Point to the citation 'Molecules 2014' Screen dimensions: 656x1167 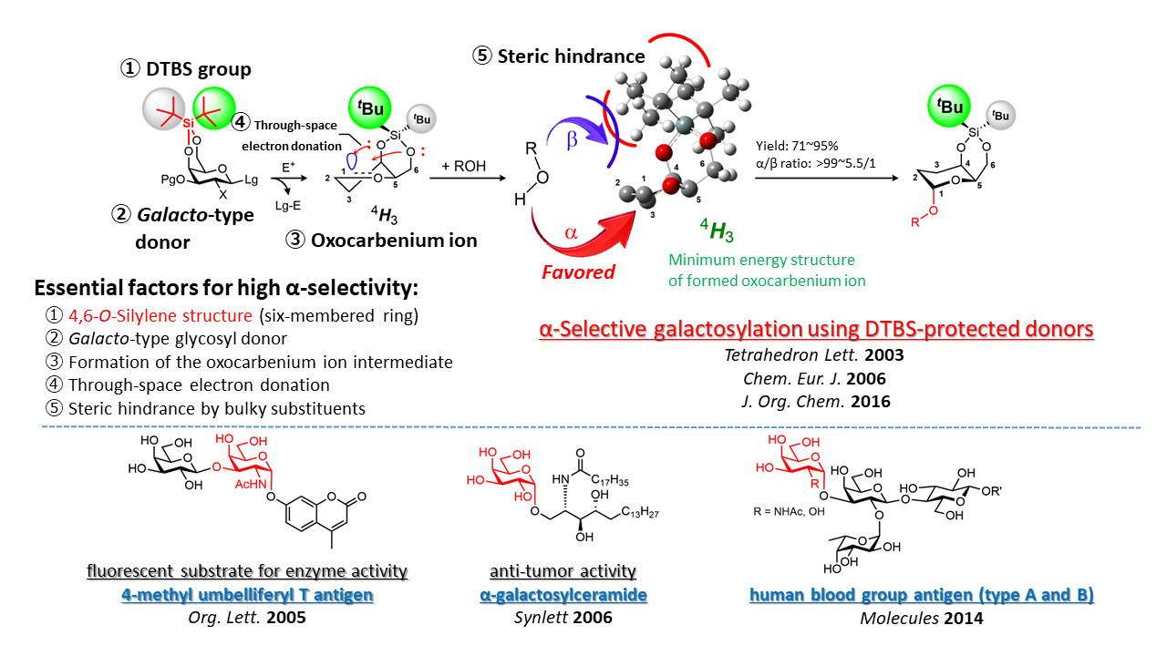click(922, 617)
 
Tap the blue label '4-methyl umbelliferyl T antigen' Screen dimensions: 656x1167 click(247, 595)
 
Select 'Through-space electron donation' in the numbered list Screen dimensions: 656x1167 click(192, 385)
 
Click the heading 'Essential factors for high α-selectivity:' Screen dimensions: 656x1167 click(226, 289)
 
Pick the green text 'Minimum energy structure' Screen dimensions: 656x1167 click(761, 261)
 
